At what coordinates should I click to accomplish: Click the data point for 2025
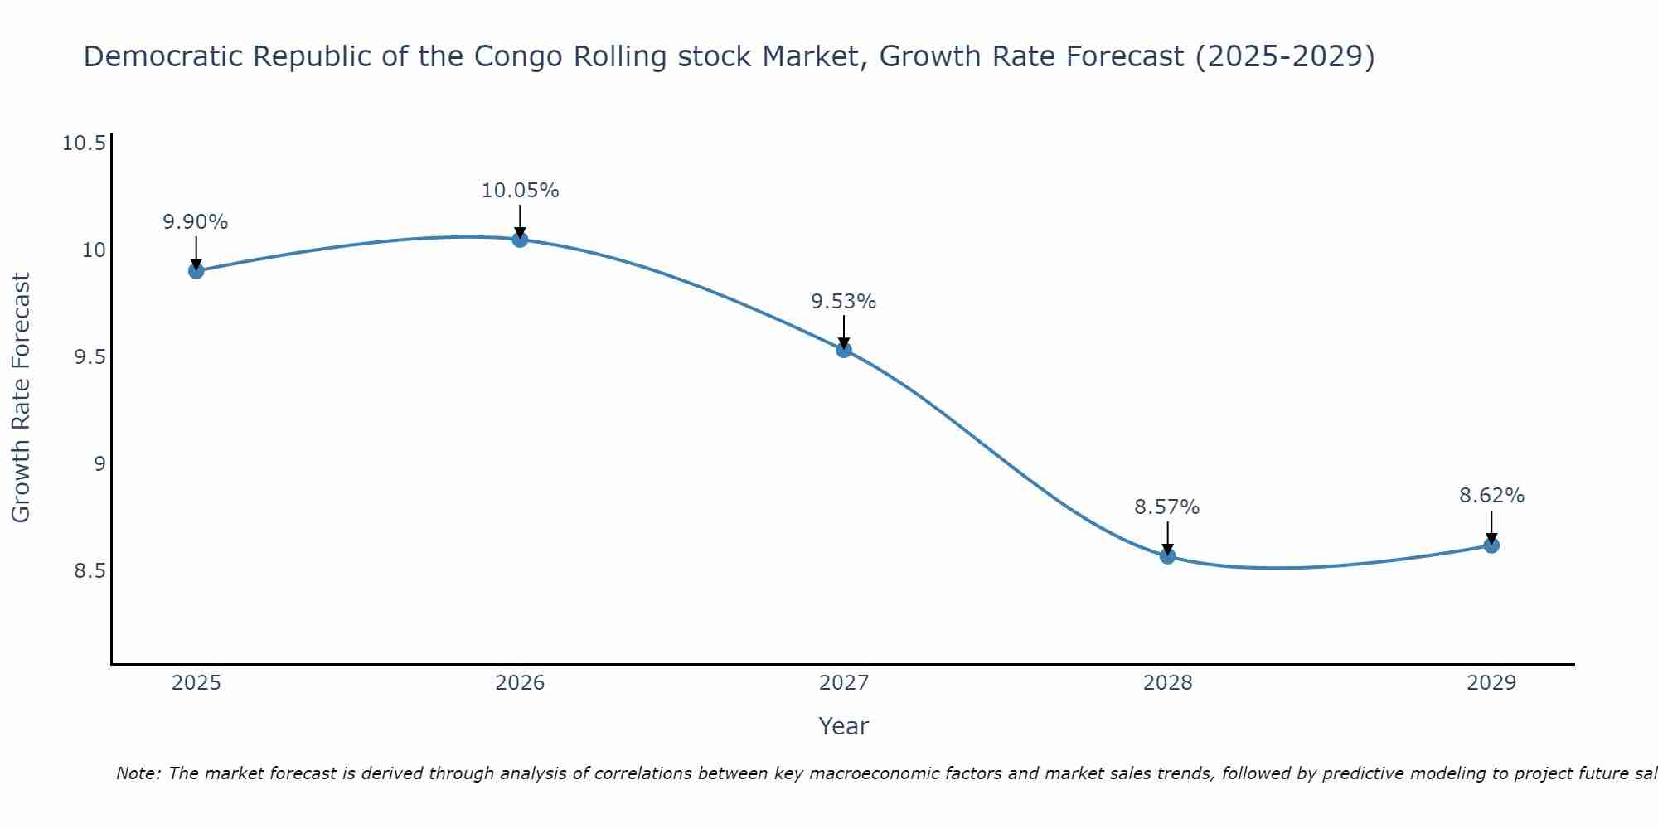tap(196, 270)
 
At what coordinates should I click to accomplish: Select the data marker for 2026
tap(520, 240)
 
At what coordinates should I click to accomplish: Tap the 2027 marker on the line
tap(844, 350)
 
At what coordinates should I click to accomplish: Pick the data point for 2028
tap(1167, 555)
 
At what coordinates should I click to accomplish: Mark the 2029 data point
tap(1491, 545)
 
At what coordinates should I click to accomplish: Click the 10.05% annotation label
tap(520, 191)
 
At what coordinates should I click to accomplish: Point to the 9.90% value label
tap(196, 222)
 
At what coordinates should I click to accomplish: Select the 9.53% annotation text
tap(844, 302)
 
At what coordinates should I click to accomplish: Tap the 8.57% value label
tap(1167, 507)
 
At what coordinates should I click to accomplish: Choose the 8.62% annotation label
tap(1491, 496)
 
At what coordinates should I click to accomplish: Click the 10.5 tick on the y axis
tap(85, 143)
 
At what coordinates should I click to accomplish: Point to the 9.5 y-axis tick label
tap(90, 357)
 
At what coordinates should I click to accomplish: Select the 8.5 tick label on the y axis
tap(90, 571)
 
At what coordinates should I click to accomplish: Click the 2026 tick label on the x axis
tap(520, 683)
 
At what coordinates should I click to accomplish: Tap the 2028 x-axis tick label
tap(1167, 683)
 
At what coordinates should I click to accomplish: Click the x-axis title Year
tap(843, 726)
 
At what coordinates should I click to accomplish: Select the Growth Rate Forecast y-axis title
tap(21, 397)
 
